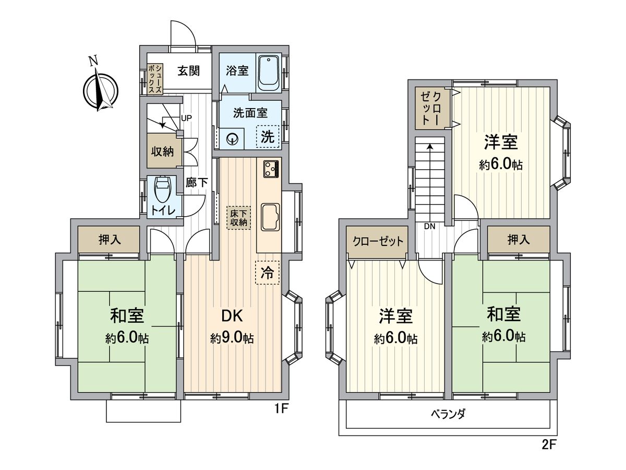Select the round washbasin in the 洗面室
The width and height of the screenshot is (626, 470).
click(232, 138)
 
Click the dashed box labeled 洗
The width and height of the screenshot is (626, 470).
click(268, 137)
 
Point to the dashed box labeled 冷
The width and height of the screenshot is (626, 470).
click(267, 272)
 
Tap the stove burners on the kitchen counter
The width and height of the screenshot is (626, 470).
click(271, 169)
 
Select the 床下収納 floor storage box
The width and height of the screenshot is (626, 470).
click(238, 217)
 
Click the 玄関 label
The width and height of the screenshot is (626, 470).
click(188, 72)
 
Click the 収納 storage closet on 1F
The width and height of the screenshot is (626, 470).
click(162, 151)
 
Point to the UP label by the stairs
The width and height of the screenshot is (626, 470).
click(186, 118)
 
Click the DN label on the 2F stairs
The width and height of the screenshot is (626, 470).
click(430, 226)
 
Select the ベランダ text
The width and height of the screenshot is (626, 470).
click(448, 414)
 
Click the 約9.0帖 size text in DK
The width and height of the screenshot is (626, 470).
click(232, 338)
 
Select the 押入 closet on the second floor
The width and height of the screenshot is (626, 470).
click(519, 240)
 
